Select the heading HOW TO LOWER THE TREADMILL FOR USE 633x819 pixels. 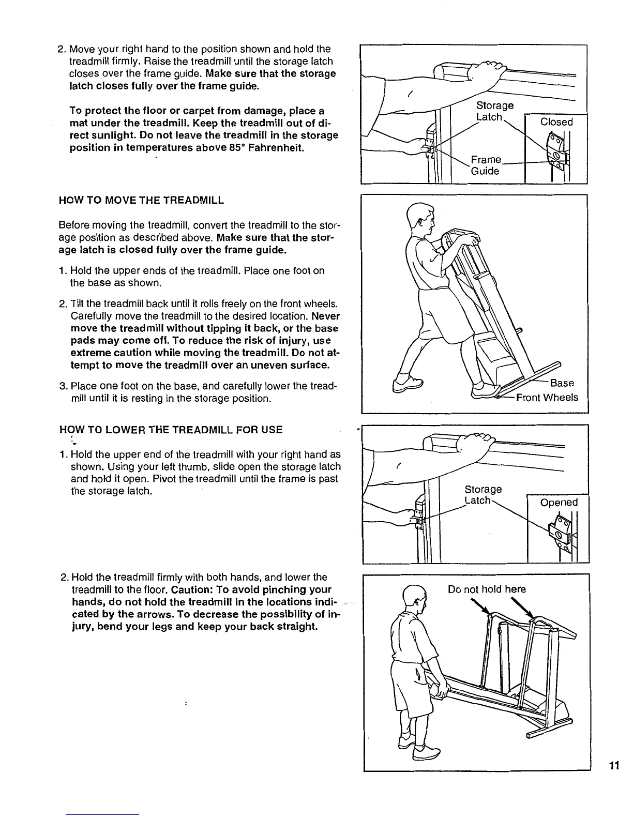click(x=171, y=430)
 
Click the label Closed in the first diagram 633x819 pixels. click(x=556, y=122)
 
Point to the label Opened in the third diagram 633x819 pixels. click(x=559, y=503)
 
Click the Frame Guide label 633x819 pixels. click(x=486, y=165)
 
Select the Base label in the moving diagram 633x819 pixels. click(x=562, y=383)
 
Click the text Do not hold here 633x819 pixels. click(x=487, y=589)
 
